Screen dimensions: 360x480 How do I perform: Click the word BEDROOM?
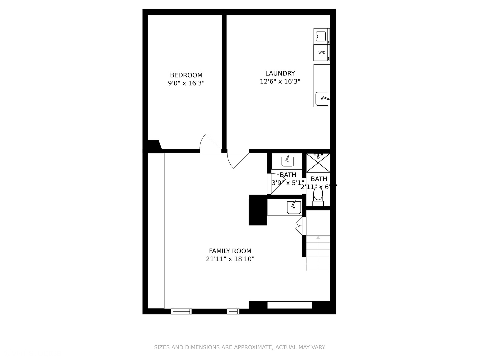186,75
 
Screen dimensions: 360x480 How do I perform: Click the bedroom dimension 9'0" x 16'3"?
186,83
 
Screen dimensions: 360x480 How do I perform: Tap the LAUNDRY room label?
280,73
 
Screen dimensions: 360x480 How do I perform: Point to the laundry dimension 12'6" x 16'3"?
280,81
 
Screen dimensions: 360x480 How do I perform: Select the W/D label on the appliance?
322,53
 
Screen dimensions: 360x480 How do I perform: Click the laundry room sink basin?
322,99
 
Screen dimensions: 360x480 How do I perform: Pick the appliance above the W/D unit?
321,36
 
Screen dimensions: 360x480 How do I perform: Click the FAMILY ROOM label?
230,251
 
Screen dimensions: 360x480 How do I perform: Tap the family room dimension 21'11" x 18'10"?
230,259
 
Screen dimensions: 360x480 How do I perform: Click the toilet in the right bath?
318,194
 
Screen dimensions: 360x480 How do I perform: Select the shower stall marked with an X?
318,163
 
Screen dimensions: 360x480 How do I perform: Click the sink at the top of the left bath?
287,161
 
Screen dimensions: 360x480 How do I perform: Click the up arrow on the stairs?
318,238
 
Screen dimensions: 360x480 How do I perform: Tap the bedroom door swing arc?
209,142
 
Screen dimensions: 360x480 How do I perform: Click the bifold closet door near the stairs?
299,226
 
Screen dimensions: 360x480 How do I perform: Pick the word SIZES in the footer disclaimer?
162,347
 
